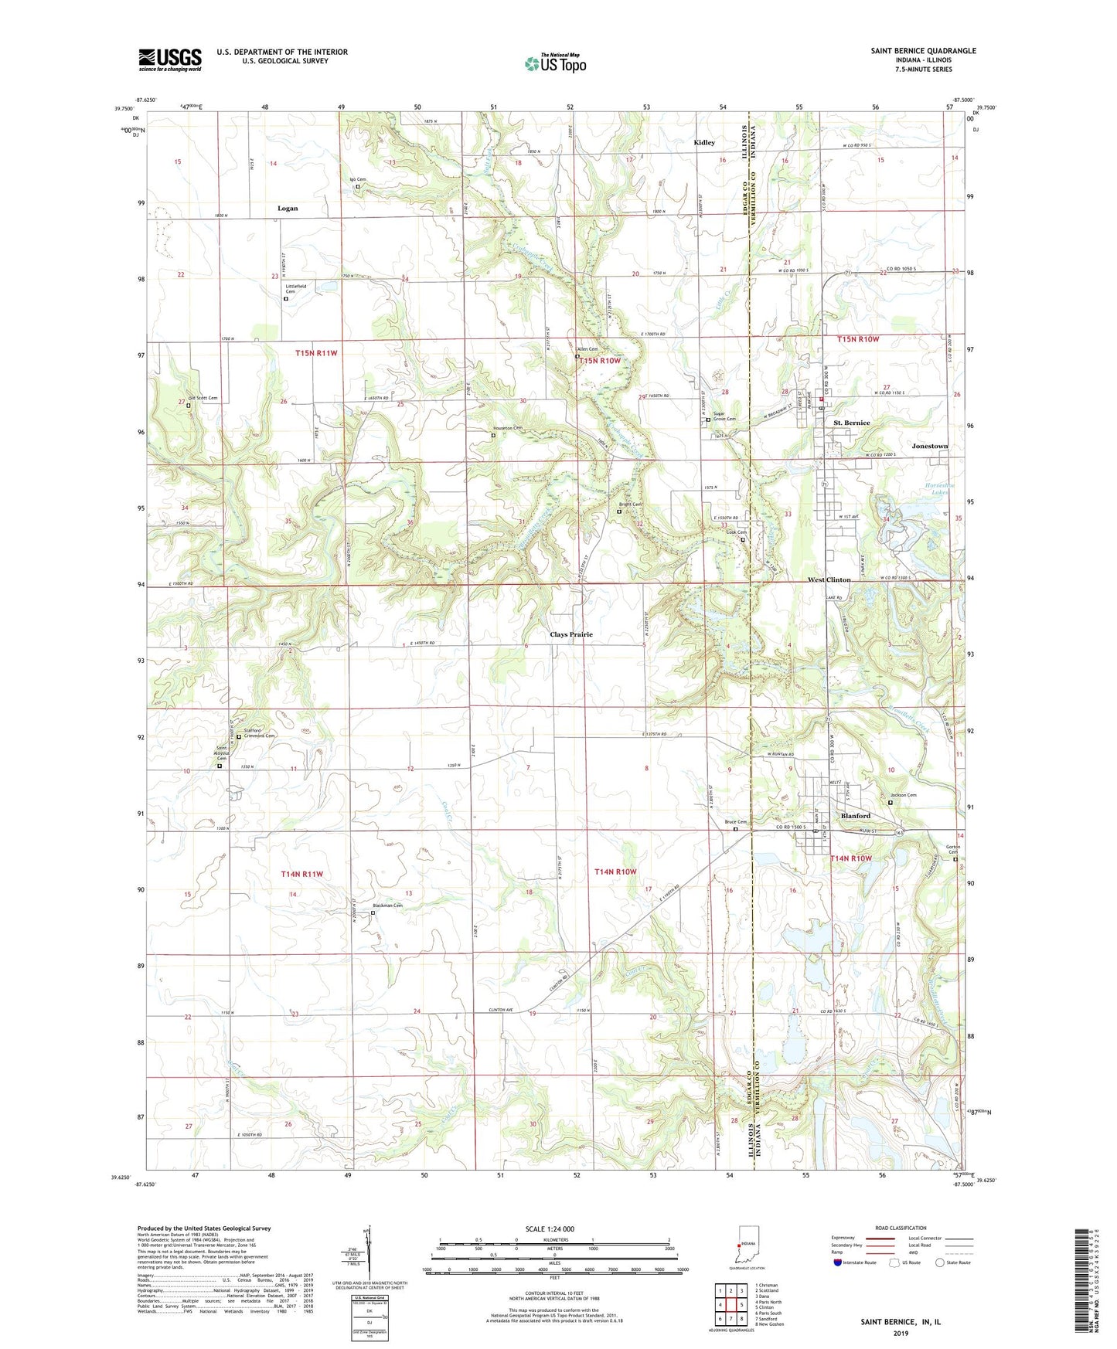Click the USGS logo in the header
pyautogui.click(x=170, y=59)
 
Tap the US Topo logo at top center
pyautogui.click(x=554, y=64)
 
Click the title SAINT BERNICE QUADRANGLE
pyautogui.click(x=923, y=51)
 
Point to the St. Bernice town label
pyautogui.click(x=851, y=423)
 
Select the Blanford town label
pyautogui.click(x=855, y=816)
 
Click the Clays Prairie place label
pyautogui.click(x=570, y=634)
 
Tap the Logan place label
pyautogui.click(x=287, y=209)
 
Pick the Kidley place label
pyautogui.click(x=703, y=143)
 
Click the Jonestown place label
pyautogui.click(x=929, y=446)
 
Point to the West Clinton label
pyautogui.click(x=829, y=579)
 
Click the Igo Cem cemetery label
pyautogui.click(x=357, y=179)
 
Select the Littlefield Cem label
pyautogui.click(x=295, y=289)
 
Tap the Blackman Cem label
pyautogui.click(x=387, y=906)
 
